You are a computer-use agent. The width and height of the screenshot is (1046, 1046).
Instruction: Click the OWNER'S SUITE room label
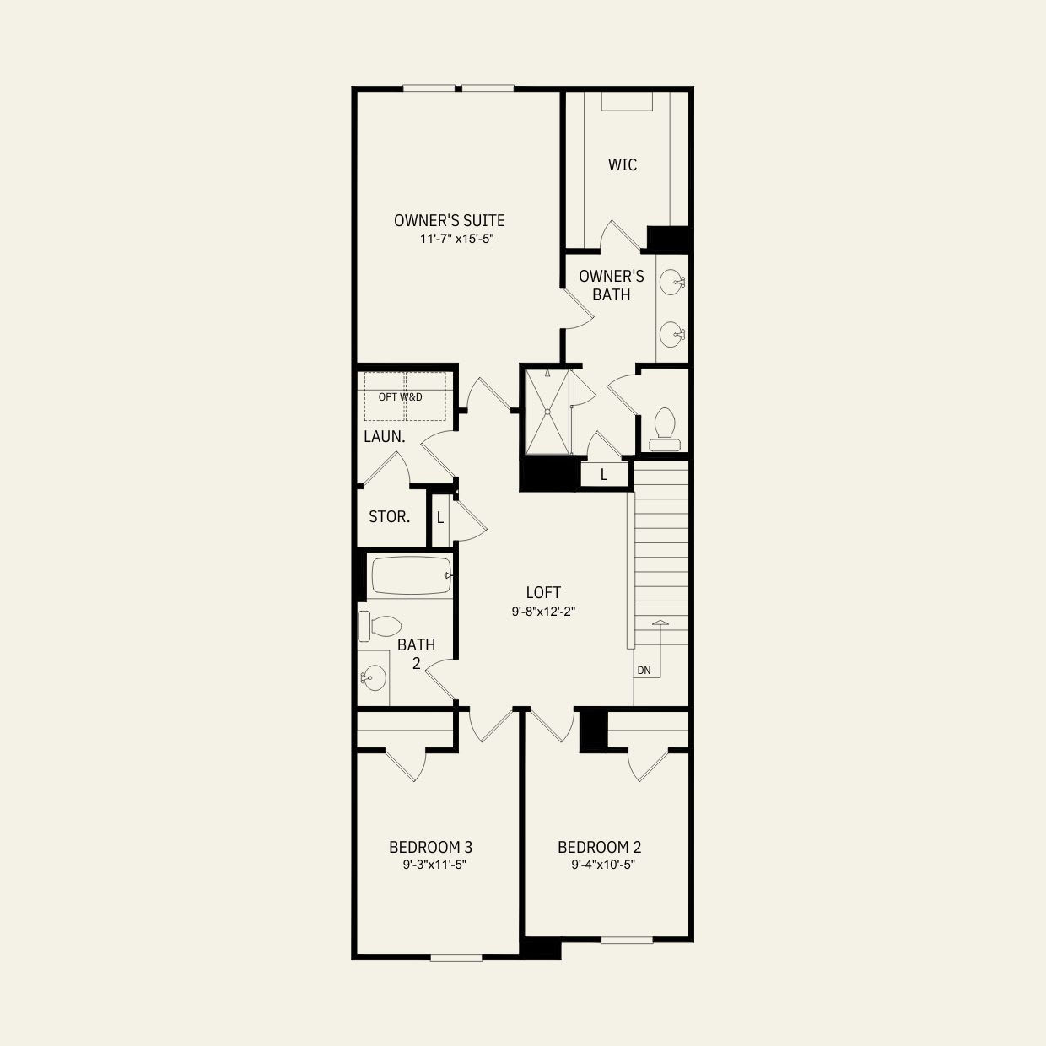[x=449, y=220]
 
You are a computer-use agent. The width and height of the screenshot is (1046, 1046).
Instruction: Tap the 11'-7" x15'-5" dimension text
[x=456, y=239]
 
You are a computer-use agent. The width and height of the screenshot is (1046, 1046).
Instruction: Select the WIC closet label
[x=623, y=164]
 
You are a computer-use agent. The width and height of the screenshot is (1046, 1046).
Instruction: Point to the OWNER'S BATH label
[x=612, y=285]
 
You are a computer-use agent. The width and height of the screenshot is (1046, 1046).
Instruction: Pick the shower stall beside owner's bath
[x=547, y=411]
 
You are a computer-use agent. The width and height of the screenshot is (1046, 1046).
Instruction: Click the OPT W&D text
[x=401, y=396]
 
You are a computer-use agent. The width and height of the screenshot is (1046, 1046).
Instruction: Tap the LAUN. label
[x=385, y=437]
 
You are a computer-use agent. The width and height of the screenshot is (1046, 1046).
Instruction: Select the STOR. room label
[x=390, y=516]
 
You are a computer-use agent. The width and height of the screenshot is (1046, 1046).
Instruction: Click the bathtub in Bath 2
[x=412, y=575]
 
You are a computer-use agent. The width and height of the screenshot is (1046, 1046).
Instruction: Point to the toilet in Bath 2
[x=380, y=626]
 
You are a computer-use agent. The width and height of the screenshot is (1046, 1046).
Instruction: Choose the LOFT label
[x=543, y=593]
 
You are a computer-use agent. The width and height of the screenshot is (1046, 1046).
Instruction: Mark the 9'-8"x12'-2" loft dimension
[x=543, y=612]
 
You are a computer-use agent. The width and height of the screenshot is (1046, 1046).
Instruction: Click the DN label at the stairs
[x=644, y=671]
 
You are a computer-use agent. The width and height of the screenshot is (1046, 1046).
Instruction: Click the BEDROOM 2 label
[x=599, y=847]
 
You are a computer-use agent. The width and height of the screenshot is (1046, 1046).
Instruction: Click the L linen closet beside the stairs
[x=604, y=475]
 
